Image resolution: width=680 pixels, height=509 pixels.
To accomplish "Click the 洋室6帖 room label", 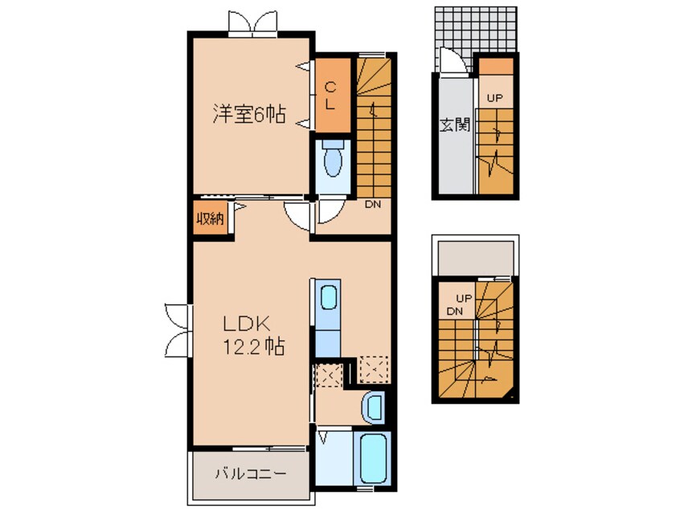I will pos(249,114).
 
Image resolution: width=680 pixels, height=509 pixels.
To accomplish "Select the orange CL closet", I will pos(331,95).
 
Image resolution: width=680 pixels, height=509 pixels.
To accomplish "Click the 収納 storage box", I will pos(211,218).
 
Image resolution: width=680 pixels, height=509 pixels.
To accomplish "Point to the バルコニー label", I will pos(249,474).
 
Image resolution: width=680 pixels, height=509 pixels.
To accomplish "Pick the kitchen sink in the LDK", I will pos(329,298).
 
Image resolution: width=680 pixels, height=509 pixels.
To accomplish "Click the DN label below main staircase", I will pos(372,205).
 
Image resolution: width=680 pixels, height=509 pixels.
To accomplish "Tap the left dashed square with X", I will pos(328,373).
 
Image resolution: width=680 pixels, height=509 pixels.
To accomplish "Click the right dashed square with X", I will pos(373,368).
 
